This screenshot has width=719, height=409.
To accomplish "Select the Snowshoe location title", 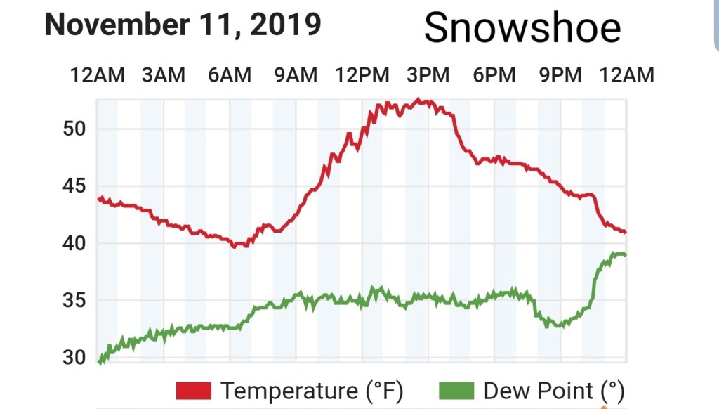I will click(522, 28).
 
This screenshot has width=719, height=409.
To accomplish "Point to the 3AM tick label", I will click(164, 74).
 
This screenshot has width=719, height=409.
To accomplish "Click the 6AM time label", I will click(230, 74).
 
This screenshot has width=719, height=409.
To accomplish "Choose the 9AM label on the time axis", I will click(296, 74).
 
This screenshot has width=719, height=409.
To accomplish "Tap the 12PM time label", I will click(362, 74).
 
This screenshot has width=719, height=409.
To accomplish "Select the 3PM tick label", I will click(428, 74).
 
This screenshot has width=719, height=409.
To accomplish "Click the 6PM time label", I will click(494, 74).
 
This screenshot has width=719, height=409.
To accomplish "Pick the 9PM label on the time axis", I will click(560, 74).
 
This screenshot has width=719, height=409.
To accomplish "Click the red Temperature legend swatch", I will click(194, 391).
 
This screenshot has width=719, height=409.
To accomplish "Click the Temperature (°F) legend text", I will click(312, 391).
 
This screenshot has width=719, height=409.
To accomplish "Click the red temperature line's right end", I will click(625, 231).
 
